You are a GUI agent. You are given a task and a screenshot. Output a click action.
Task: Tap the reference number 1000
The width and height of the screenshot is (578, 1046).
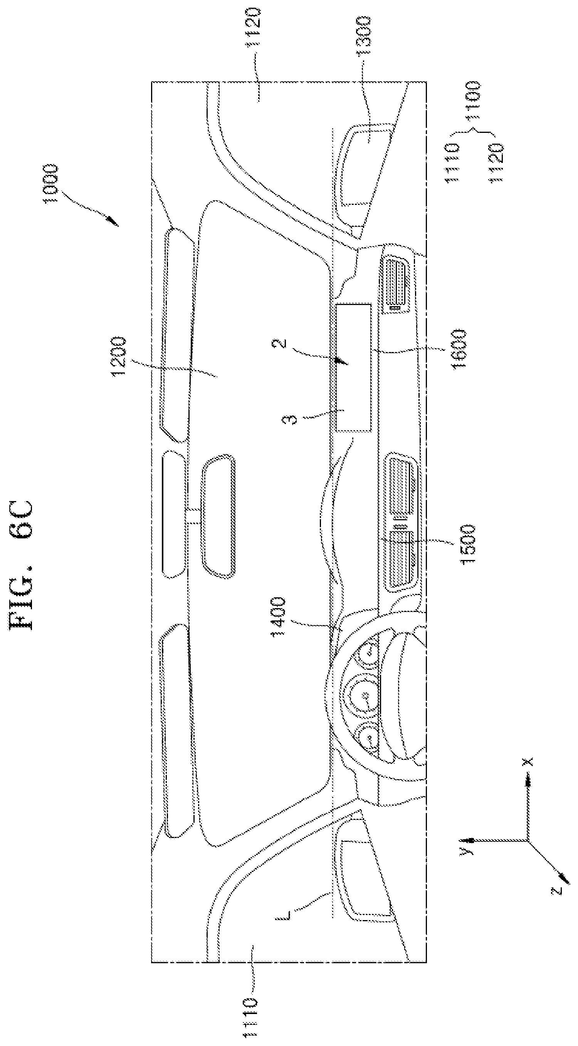click(52, 184)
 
